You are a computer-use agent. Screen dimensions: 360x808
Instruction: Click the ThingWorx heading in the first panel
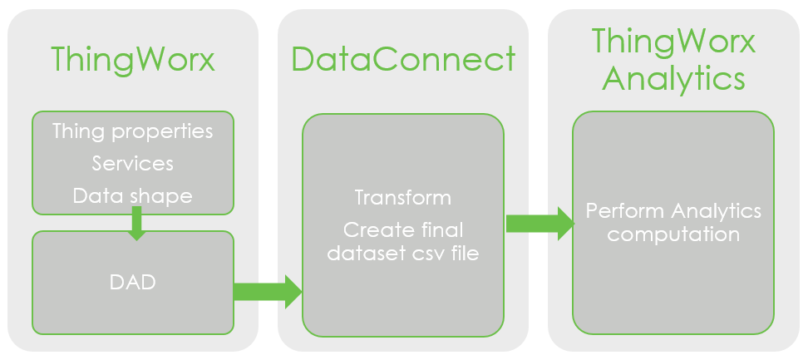[133, 60]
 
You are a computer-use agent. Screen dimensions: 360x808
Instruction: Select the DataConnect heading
[403, 60]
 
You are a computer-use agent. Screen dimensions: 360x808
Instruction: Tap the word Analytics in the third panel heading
[673, 80]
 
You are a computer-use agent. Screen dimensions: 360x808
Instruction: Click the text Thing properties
[133, 131]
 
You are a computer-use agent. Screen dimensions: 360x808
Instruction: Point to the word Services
[133, 163]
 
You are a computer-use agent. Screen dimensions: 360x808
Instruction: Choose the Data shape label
[133, 195]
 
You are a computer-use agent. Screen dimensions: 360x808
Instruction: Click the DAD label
[133, 283]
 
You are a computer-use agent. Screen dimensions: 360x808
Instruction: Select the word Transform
[403, 198]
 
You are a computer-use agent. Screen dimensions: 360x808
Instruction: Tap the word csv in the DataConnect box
[431, 254]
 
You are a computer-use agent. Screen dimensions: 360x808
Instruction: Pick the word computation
[673, 234]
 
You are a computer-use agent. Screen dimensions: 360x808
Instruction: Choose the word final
[439, 229]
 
